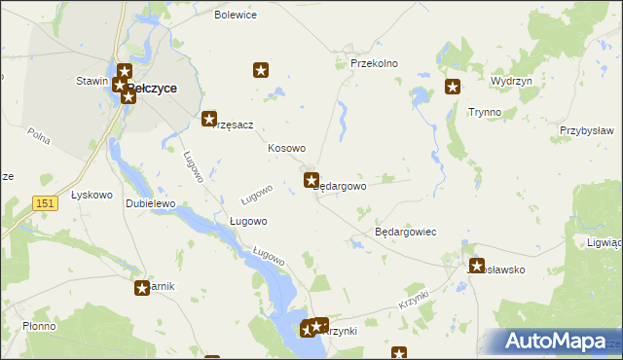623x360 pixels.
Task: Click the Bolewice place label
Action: [236, 16]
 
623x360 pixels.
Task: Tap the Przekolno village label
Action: [375, 63]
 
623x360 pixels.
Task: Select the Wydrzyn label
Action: [512, 82]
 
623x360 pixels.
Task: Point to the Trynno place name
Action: [485, 112]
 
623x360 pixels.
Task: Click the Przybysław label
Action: [586, 130]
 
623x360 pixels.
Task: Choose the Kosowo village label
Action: [287, 148]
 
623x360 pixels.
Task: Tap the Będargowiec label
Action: [405, 233]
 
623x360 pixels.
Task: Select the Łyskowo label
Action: [92, 195]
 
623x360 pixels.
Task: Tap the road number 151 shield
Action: [43, 201]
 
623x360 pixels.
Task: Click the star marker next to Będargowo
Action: [311, 180]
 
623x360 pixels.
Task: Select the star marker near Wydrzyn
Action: [453, 88]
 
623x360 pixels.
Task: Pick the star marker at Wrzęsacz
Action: [209, 120]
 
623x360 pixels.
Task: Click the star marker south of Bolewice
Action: [261, 70]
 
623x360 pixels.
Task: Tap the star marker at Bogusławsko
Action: [477, 266]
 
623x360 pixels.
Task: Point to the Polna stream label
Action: [39, 137]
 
